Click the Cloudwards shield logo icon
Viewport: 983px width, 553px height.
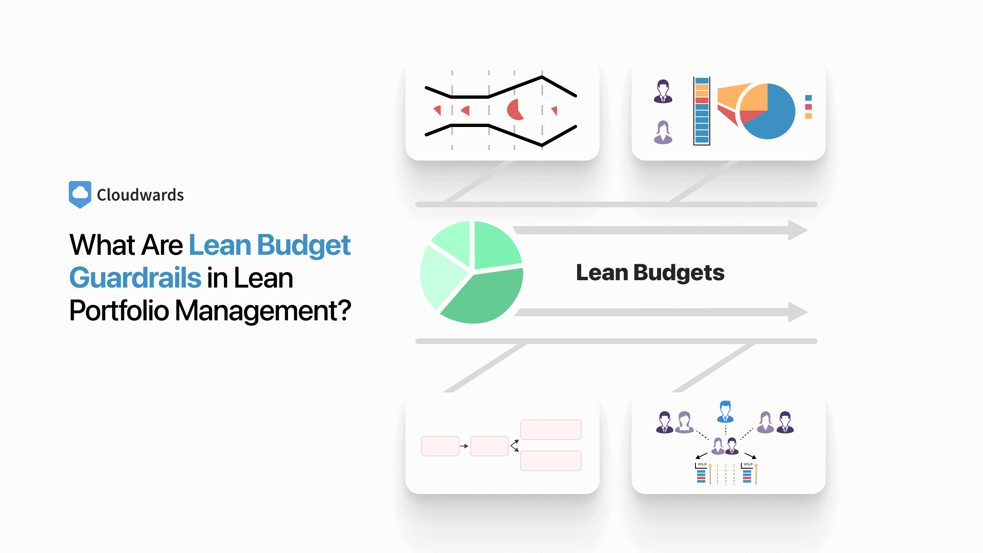coord(80,195)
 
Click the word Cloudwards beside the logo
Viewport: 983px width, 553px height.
coord(140,195)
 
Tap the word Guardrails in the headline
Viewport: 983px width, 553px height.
coord(135,278)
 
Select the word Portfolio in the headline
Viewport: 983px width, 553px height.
coord(119,310)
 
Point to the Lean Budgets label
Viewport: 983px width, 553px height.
coord(650,273)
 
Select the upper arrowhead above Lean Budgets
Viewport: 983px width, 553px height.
coord(797,230)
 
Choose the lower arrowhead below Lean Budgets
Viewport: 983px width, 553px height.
coord(797,312)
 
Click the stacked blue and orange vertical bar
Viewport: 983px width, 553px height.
coord(702,111)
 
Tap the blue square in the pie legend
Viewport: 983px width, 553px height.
coord(808,98)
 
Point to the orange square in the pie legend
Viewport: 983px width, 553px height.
coord(808,116)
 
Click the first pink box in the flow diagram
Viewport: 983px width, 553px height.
coord(440,446)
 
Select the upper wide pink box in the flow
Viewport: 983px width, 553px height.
coord(550,430)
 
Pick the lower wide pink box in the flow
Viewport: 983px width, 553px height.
coord(550,461)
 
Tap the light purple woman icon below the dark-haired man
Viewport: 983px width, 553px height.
coord(663,132)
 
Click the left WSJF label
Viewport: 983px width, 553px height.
coord(702,464)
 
